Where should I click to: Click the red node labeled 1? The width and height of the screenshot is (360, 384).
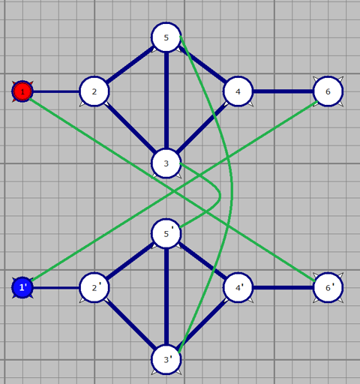click(22, 91)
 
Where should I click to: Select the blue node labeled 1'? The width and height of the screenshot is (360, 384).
click(22, 287)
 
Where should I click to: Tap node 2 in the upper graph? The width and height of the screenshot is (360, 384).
click(94, 91)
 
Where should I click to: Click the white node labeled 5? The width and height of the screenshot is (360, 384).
click(166, 37)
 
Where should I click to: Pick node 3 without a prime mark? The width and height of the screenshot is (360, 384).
click(166, 163)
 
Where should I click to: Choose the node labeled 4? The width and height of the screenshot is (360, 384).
click(238, 91)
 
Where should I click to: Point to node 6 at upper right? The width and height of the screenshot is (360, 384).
click(328, 91)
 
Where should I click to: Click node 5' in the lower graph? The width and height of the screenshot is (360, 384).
click(166, 233)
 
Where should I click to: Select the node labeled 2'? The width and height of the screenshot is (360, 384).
click(94, 287)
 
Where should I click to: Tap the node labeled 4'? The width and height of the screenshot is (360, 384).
click(238, 287)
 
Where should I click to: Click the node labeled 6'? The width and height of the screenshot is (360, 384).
click(328, 287)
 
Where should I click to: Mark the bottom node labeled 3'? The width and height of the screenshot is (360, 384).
click(166, 359)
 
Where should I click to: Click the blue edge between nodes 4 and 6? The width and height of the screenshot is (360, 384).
click(283, 91)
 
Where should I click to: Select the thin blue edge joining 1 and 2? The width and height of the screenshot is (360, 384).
click(56, 91)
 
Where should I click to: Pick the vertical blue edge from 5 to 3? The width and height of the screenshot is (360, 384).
click(166, 100)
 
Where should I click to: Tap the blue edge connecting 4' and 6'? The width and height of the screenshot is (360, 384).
click(283, 287)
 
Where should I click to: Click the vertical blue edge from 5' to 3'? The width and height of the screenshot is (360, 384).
click(166, 296)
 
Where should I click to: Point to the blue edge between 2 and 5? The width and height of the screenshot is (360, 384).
click(130, 64)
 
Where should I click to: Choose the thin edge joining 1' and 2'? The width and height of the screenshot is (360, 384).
click(56, 287)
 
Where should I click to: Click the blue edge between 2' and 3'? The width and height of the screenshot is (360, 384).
click(130, 323)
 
